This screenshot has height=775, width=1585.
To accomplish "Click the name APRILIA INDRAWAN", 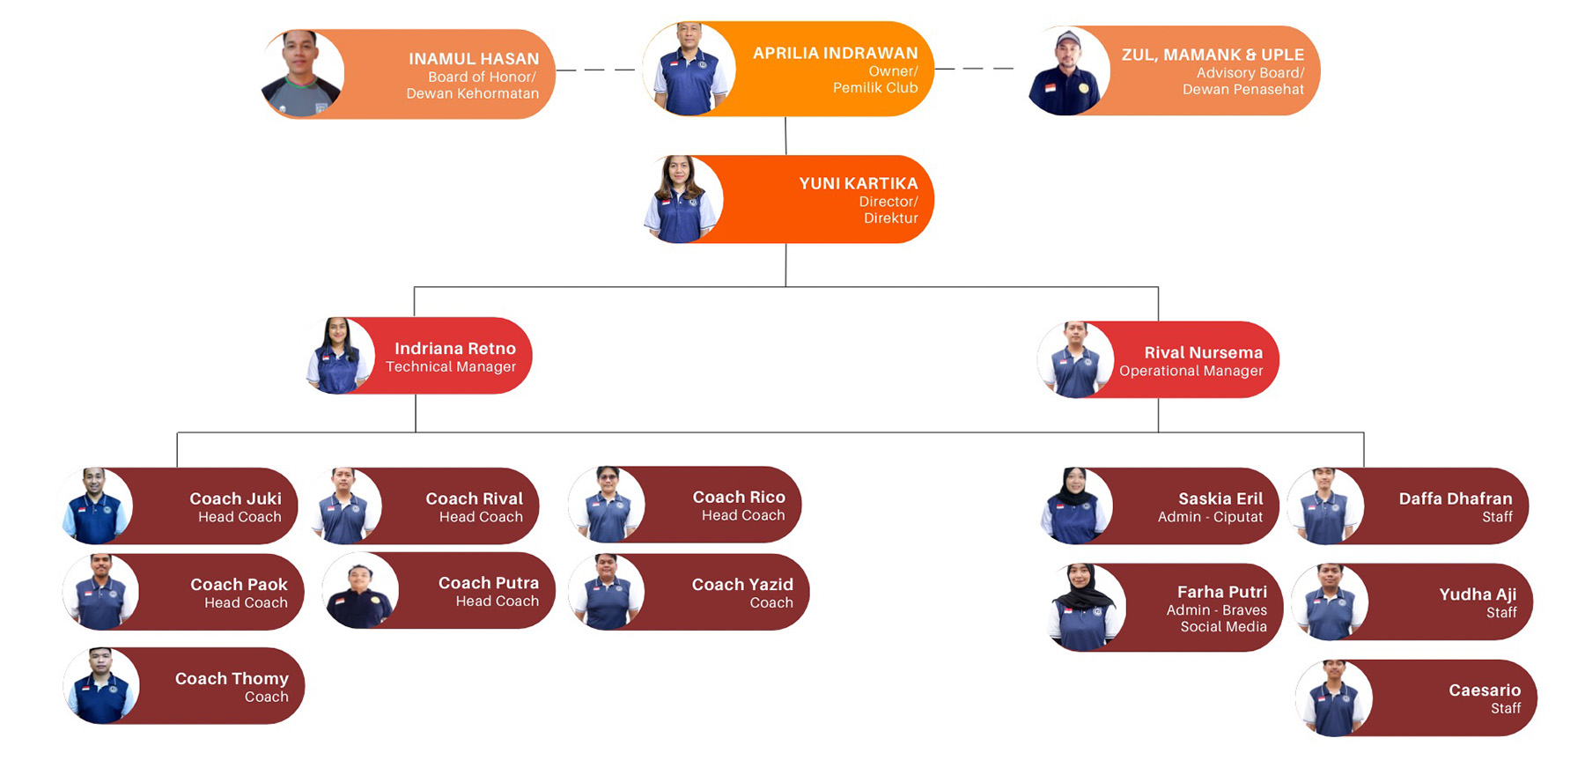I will point(835,53).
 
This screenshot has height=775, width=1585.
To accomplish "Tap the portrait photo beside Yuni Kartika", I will point(681,200).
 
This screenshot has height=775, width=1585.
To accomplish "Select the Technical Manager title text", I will point(451,367).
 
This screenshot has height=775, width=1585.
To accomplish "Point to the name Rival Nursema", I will point(1203,352).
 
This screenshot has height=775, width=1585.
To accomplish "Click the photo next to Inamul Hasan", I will point(302,74).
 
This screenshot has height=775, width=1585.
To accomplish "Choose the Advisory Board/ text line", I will point(1250,73).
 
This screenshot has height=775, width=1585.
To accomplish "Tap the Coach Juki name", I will point(235,498).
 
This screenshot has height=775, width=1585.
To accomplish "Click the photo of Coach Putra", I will point(360,591).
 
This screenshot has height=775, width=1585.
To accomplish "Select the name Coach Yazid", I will point(742,584).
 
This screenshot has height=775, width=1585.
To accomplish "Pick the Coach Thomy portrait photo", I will point(101,686).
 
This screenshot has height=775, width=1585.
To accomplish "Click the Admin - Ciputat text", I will point(1210,517).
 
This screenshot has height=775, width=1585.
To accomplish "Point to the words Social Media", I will point(1223,627).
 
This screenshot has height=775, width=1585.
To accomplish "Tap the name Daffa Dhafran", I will point(1455,498).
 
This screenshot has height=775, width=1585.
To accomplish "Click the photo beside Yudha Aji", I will point(1330,602).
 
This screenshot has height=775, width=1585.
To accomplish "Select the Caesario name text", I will point(1485,690).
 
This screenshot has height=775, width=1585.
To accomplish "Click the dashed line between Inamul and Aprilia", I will point(595,70).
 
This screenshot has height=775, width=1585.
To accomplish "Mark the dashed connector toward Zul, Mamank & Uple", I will point(974,68).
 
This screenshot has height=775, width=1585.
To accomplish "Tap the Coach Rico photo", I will point(607,505).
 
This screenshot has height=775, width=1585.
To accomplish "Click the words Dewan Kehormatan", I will point(472,93).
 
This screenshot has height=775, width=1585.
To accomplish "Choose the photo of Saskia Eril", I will point(1075,506).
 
